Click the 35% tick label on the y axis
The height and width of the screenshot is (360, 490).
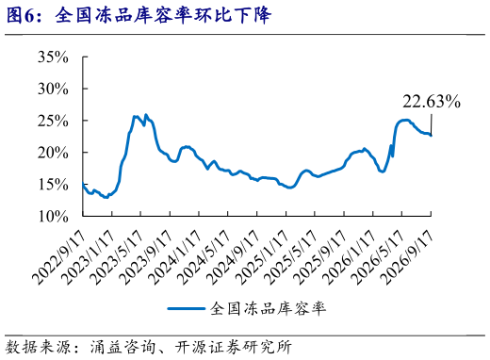(53, 57)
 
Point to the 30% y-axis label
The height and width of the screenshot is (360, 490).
(53, 89)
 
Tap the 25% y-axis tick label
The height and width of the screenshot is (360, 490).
(53, 121)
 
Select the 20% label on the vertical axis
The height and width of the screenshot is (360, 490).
(53, 153)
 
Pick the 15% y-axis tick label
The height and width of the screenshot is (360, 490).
(53, 185)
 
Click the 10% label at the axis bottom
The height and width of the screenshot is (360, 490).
(53, 217)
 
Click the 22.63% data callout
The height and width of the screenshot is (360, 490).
(432, 102)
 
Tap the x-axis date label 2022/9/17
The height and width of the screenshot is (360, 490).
(58, 257)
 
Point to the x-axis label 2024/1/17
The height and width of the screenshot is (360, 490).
(174, 257)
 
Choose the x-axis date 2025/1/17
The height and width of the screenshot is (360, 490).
(261, 257)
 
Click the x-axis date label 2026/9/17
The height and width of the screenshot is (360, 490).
(406, 257)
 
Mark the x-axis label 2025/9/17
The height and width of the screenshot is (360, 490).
(319, 257)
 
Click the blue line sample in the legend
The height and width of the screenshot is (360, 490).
(187, 308)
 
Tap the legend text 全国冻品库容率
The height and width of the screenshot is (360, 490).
(268, 308)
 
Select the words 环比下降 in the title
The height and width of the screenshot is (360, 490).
(232, 15)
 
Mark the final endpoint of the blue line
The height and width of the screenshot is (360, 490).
(431, 136)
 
